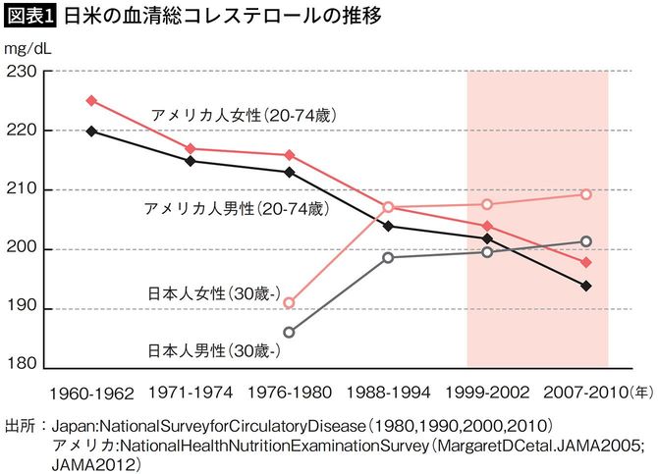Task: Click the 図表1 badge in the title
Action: click(29, 17)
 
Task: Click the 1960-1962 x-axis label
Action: click(90, 392)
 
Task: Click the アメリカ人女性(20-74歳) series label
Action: click(244, 115)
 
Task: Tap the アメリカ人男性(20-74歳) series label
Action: click(234, 209)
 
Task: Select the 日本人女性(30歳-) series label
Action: click(214, 292)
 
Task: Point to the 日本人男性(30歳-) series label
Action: click(214, 349)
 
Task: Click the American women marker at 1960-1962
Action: click(91, 100)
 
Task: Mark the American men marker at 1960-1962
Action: click(91, 131)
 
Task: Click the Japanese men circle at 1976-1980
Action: click(289, 332)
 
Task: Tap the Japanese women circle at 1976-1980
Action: click(289, 303)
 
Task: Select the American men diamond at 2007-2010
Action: click(586, 286)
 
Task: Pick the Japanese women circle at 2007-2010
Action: click(586, 194)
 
